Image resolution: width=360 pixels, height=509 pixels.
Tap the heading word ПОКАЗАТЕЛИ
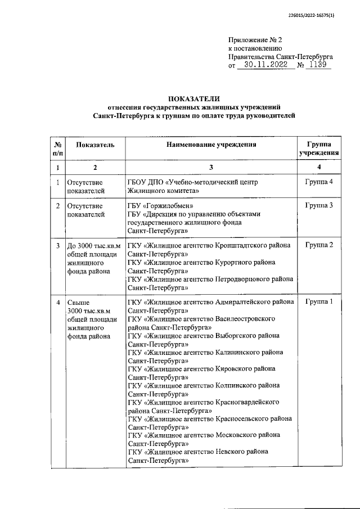(195, 98)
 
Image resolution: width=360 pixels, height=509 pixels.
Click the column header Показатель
(95, 145)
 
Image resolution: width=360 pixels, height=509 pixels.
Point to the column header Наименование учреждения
(211, 145)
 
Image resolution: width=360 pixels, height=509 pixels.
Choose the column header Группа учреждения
(319, 148)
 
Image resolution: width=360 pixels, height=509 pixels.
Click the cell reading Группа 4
(319, 182)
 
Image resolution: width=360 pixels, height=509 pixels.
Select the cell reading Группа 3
(319, 205)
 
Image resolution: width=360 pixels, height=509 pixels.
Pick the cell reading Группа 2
(319, 245)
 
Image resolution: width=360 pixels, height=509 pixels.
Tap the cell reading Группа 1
(319, 302)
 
